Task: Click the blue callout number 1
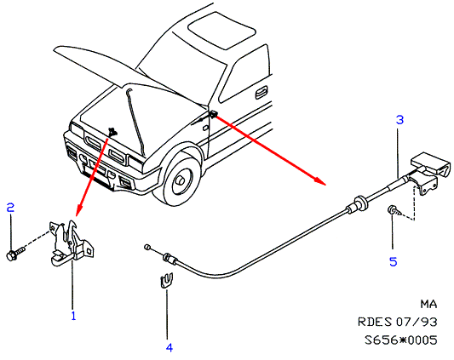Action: click(x=73, y=316)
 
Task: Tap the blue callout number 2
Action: click(x=10, y=208)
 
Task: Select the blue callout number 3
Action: click(x=399, y=120)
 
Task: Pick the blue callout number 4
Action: click(x=170, y=347)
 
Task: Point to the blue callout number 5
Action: click(x=394, y=262)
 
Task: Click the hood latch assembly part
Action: click(x=72, y=243)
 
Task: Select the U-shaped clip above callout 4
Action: click(x=166, y=280)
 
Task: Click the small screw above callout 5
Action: click(x=394, y=211)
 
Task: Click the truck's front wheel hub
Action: click(x=181, y=180)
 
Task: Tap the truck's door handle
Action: click(x=261, y=94)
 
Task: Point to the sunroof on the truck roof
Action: click(x=221, y=30)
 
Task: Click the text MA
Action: click(x=428, y=304)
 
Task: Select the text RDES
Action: click(x=375, y=322)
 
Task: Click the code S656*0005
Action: click(x=400, y=340)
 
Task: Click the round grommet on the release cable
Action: click(x=360, y=203)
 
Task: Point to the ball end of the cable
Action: click(x=147, y=247)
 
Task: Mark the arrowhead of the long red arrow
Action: click(x=320, y=181)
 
